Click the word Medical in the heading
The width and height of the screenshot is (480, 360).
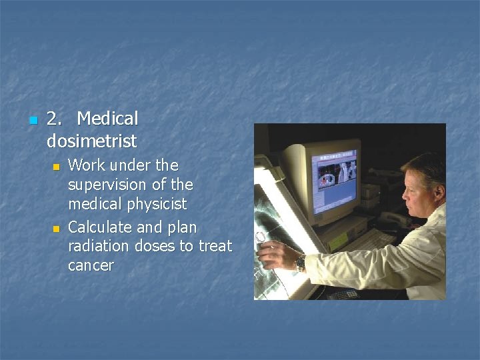pos(107,119)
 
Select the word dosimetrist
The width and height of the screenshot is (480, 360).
pos(91,141)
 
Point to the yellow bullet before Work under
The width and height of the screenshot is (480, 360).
pos(57,166)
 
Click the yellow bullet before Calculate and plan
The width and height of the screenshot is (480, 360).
pos(57,229)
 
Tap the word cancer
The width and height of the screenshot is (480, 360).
pos(91,265)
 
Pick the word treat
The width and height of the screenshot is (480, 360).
pos(215,246)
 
